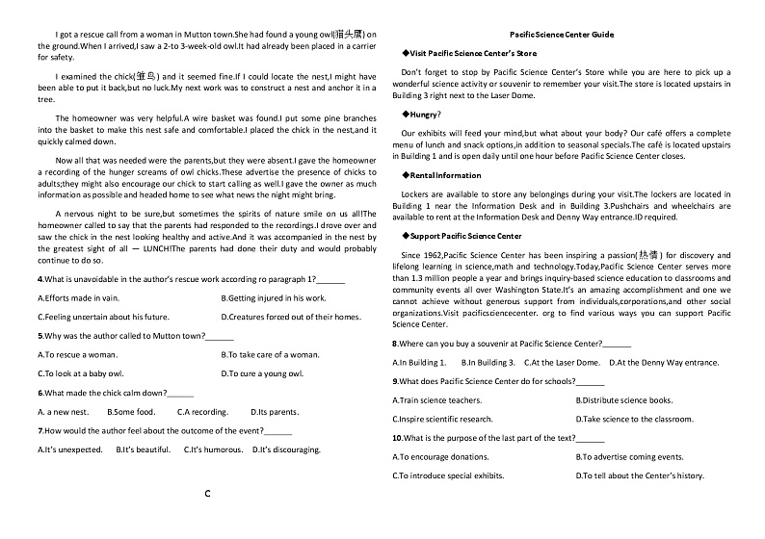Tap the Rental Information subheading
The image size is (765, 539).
click(445, 175)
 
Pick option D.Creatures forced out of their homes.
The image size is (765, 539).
click(291, 317)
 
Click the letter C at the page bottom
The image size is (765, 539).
click(207, 494)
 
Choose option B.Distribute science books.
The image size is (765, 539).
click(624, 400)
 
